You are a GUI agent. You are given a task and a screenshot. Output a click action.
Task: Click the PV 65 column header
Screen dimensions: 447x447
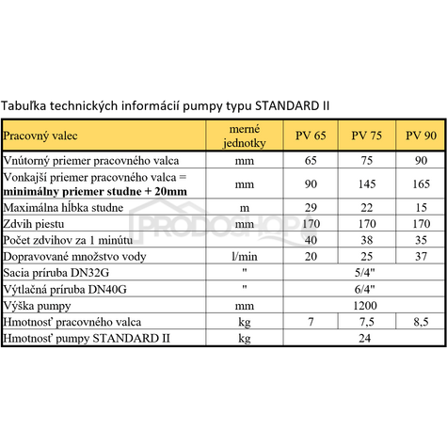pos(311,136)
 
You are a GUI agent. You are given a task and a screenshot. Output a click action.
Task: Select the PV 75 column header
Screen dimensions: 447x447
pos(364,136)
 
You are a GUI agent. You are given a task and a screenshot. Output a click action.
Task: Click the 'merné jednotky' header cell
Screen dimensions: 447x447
pos(243,136)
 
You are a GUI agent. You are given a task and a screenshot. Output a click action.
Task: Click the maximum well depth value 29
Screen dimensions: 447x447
pos(311,207)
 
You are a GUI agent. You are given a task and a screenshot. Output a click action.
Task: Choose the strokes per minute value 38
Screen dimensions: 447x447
pos(364,240)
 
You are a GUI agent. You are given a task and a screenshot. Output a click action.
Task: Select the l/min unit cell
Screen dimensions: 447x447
pos(243,257)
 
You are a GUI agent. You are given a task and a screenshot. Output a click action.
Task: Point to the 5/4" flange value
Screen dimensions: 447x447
pos(364,273)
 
